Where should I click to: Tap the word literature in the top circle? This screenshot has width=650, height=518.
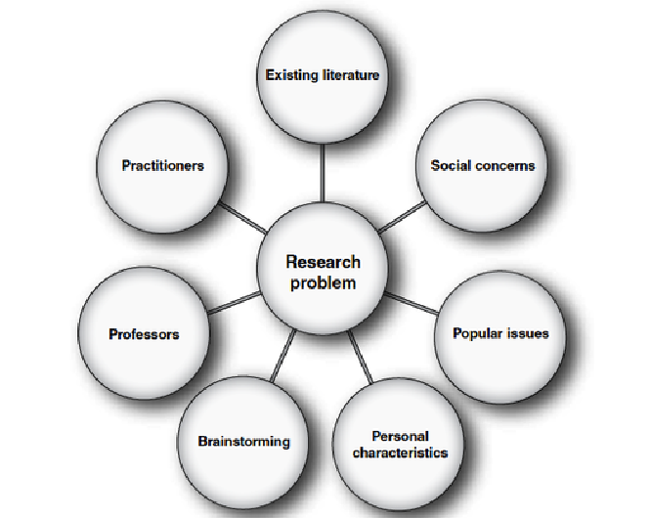(x=349, y=74)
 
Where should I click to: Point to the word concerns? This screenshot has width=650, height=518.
(x=505, y=165)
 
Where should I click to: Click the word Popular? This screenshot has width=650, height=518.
(x=478, y=333)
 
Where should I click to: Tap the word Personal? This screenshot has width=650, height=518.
(x=400, y=436)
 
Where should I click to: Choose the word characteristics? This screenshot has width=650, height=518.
(x=400, y=453)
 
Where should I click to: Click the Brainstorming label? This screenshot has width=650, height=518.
(x=243, y=441)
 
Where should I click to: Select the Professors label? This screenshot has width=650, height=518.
(x=144, y=334)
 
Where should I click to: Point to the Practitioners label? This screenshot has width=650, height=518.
(x=162, y=165)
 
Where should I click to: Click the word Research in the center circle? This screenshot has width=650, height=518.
(x=323, y=262)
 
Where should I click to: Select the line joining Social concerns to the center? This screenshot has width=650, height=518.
(x=402, y=216)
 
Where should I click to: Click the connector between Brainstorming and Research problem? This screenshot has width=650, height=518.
(x=283, y=357)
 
